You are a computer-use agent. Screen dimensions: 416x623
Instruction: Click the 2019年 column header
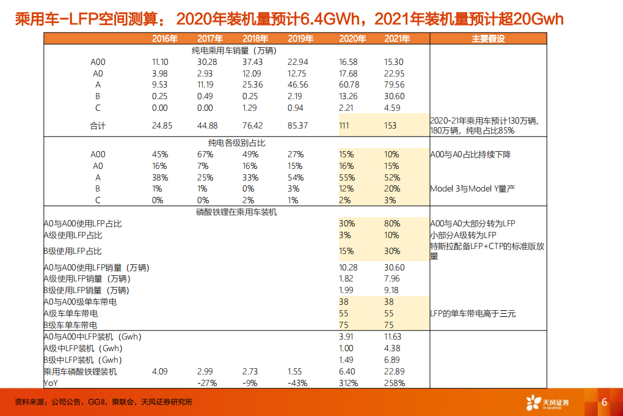point(300,39)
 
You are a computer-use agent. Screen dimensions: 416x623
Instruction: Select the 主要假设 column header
point(488,39)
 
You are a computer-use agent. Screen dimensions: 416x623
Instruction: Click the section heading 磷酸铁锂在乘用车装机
point(236,212)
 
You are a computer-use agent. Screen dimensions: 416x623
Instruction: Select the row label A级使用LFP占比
point(73,235)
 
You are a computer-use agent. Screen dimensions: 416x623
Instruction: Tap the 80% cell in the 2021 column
point(392,223)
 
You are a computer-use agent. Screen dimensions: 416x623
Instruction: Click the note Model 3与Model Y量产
point(472,188)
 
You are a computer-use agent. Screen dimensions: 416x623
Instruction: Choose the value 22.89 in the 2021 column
point(394,371)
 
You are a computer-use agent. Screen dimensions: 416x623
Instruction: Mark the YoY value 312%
point(349,383)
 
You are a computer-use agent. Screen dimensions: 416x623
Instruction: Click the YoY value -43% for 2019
point(297,383)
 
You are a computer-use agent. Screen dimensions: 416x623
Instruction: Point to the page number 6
point(604,402)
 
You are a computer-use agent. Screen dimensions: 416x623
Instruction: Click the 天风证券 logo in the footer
point(547,402)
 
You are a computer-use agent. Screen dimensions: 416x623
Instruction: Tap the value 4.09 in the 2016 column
point(160,371)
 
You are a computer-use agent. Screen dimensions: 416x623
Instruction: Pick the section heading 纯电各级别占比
point(236,143)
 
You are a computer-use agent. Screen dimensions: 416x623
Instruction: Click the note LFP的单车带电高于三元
point(472,313)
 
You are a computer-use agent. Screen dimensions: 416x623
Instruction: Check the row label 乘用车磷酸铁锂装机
point(80,371)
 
